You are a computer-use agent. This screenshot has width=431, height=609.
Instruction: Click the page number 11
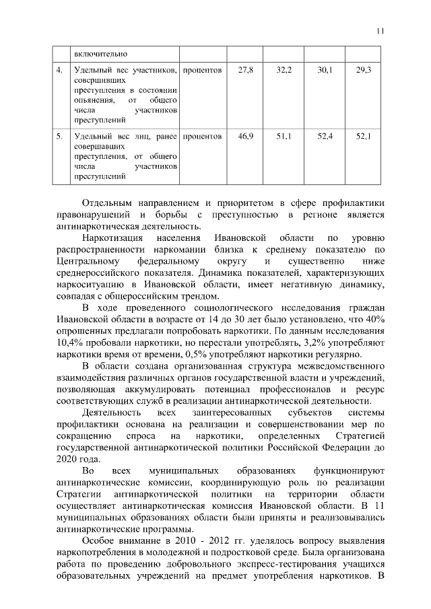coord(380,30)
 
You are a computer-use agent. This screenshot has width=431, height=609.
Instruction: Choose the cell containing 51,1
coord(284,137)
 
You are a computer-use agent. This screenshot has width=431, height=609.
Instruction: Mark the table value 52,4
coord(325,137)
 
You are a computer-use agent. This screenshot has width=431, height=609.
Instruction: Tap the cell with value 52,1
coord(364,137)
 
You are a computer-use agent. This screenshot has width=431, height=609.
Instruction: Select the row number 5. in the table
coord(60,137)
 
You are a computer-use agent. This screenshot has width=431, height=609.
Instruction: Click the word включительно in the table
coord(100,53)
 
